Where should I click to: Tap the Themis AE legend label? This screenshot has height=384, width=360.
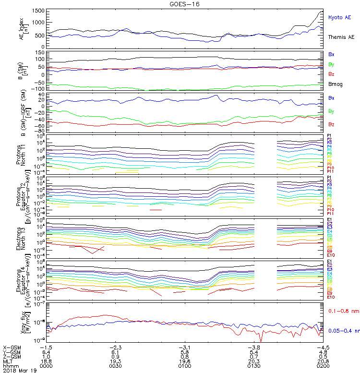click(x=341, y=37)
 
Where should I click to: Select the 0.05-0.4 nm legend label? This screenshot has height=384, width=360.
click(x=344, y=331)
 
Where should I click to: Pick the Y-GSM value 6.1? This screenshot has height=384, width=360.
click(x=115, y=351)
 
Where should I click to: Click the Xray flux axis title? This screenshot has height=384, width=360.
click(x=22, y=321)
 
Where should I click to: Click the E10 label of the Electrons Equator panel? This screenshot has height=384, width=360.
click(x=331, y=297)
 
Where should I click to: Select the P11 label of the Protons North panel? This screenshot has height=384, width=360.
click(x=330, y=171)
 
